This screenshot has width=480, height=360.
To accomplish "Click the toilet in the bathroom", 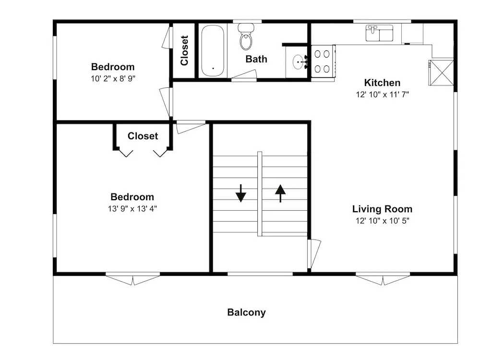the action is tap(246, 36).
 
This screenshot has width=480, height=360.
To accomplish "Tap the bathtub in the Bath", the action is tap(213, 51).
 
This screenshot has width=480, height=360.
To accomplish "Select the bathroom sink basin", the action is tap(298, 62).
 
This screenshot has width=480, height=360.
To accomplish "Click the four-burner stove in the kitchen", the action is tap(323, 61).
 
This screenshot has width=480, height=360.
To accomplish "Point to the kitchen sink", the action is tap(380, 33).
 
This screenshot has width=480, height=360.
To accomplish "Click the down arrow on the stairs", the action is tap(241, 193).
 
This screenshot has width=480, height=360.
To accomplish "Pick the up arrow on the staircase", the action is tap(280, 193).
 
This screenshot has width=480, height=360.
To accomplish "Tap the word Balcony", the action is tap(246, 312).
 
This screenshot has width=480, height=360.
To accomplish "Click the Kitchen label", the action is tap(382, 83).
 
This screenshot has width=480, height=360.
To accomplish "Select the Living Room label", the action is tap(382, 209).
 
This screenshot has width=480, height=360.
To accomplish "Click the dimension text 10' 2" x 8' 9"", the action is tap(113, 79).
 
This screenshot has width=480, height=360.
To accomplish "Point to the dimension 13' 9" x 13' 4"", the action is tap(132, 209).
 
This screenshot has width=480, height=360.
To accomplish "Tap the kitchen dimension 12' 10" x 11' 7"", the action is tap(383, 95).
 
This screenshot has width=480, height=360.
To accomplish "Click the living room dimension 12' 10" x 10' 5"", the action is tap(383, 221).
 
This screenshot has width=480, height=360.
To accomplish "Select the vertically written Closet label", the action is tap(184, 50).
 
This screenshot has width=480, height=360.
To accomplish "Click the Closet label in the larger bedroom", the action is tap(143, 136).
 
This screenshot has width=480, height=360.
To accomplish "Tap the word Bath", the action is tap(256, 59).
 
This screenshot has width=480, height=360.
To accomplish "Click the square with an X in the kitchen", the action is tap(441, 73).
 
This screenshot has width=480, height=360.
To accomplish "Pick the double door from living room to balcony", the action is tap(383, 278).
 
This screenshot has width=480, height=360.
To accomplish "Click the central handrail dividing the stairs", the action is tap(260, 194).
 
